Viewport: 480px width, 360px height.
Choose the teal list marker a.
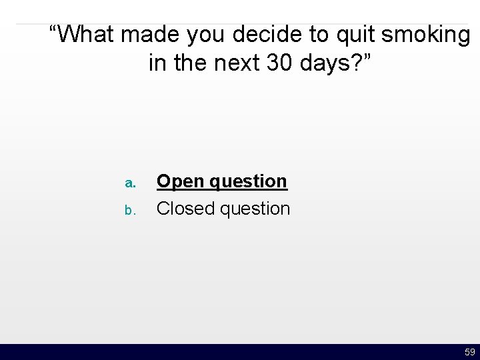coord(131,182)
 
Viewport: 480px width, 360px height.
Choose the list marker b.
coord(131,210)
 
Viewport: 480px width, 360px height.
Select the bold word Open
coord(181,181)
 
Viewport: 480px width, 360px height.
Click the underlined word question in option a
coord(249,181)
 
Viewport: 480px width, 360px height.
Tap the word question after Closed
coord(255,209)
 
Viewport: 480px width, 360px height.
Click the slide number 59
coord(469,352)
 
